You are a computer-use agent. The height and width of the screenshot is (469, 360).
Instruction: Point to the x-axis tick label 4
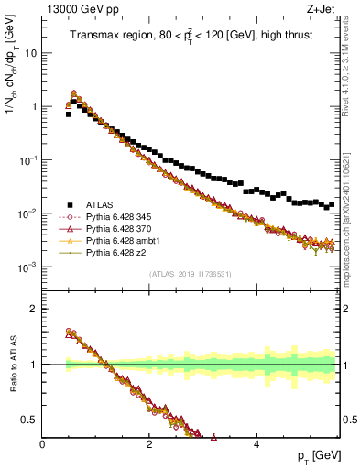(256, 445)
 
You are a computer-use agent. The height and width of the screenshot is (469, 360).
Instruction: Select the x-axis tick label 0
(43, 445)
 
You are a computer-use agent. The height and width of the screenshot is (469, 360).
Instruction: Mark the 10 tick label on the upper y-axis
(30, 52)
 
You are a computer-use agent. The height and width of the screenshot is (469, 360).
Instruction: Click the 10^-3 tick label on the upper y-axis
(27, 267)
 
